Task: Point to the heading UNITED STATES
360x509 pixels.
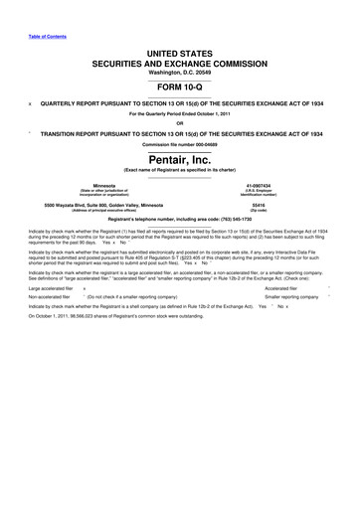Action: coord(180,52)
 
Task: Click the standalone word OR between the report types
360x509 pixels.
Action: coord(180,124)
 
